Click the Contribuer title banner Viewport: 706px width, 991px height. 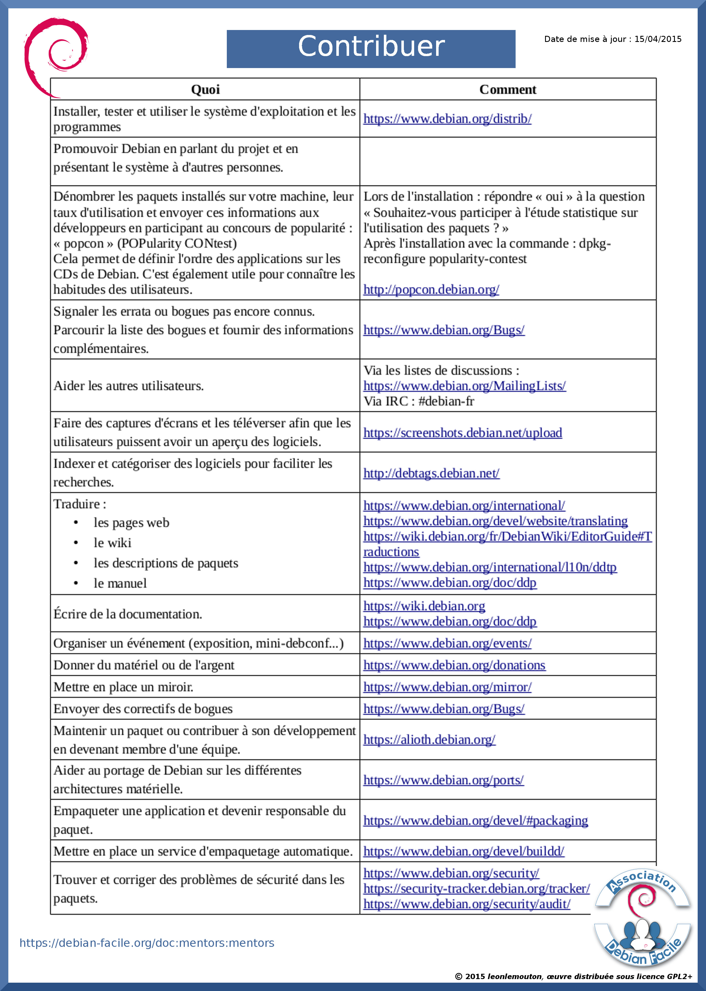click(x=371, y=49)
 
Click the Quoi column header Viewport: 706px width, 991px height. click(x=205, y=89)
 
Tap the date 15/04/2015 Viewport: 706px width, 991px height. click(x=657, y=39)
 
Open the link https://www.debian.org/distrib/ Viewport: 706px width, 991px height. click(x=447, y=119)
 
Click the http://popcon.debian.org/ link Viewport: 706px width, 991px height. click(x=431, y=289)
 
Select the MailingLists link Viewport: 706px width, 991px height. click(x=464, y=386)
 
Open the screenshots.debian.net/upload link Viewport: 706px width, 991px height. click(x=462, y=433)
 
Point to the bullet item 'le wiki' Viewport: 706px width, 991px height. click(x=112, y=543)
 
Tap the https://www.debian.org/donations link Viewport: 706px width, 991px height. click(x=454, y=665)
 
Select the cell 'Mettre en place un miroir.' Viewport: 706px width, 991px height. click(x=123, y=687)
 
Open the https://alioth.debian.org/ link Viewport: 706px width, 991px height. click(x=429, y=739)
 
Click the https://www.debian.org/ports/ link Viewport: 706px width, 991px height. click(x=443, y=780)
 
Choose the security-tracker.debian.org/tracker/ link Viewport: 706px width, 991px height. click(x=476, y=889)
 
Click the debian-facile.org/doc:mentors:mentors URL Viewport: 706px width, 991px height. click(x=147, y=943)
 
